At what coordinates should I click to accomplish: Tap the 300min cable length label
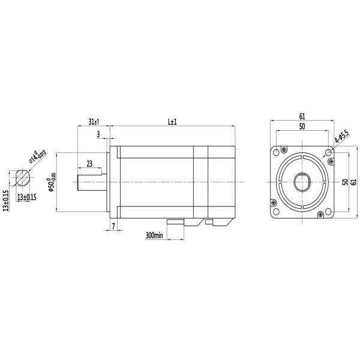pyautogui.click(x=154, y=235)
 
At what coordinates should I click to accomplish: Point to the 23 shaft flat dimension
pyautogui.click(x=89, y=164)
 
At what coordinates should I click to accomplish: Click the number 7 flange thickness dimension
pyautogui.click(x=113, y=226)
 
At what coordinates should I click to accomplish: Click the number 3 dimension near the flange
pyautogui.click(x=98, y=135)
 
